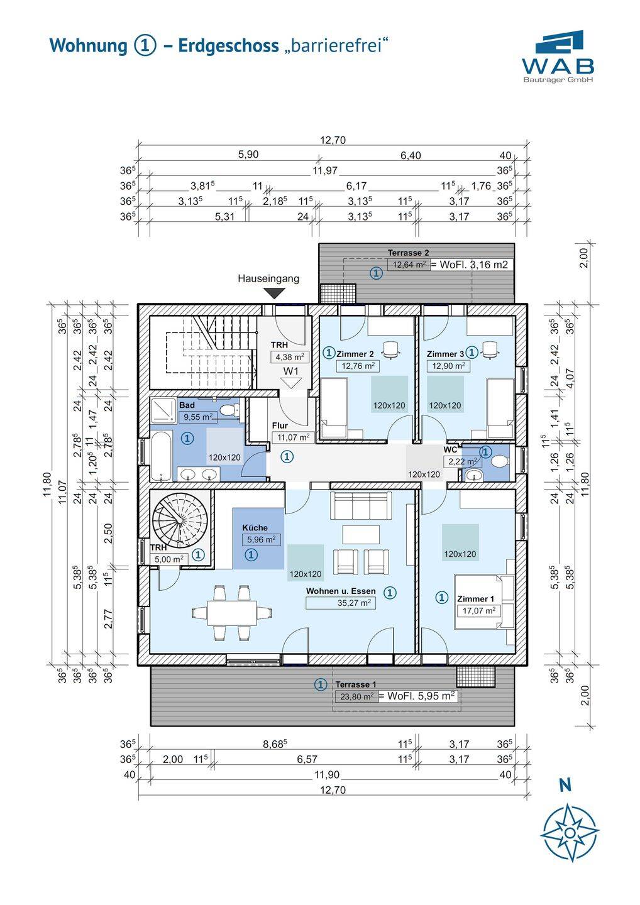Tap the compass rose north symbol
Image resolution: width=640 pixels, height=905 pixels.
(x=570, y=832)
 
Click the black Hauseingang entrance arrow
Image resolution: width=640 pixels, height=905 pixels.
(x=274, y=293)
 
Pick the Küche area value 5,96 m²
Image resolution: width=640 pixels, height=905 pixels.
(x=261, y=539)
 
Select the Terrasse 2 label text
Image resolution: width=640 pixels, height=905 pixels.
(x=408, y=253)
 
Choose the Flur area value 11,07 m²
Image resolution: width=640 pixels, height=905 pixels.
(x=291, y=437)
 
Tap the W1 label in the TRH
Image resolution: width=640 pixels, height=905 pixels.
(x=290, y=371)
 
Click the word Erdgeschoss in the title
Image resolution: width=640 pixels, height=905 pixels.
(x=228, y=46)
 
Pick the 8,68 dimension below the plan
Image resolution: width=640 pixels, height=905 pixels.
(x=275, y=743)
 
